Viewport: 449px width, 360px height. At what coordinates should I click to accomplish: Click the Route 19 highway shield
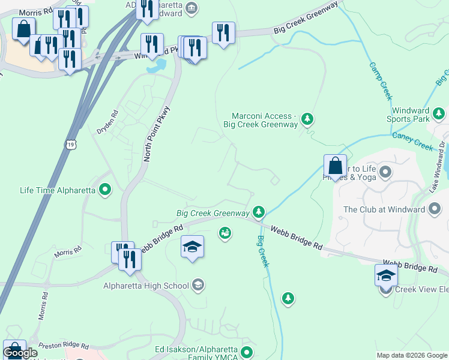coord(71,145)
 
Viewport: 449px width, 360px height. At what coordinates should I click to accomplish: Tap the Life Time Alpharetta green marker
coord(106,191)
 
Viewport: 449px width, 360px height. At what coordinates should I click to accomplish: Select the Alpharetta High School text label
coord(146,286)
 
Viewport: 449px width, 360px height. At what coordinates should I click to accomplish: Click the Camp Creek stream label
coord(381,81)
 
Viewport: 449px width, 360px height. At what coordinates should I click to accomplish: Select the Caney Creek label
coord(412,142)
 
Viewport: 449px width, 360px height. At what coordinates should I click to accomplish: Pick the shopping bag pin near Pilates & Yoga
coord(335,166)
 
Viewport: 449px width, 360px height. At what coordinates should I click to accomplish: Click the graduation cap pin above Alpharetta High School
coord(192,247)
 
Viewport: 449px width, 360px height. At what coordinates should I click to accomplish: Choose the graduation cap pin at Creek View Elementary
coord(386,275)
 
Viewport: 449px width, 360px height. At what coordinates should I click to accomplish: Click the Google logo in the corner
coord(20,353)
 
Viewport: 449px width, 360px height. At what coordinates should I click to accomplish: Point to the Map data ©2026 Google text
coord(412,355)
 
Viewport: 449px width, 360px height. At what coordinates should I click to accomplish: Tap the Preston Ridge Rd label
coord(63,346)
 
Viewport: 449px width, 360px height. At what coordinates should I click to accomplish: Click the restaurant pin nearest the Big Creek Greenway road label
coord(223,32)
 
